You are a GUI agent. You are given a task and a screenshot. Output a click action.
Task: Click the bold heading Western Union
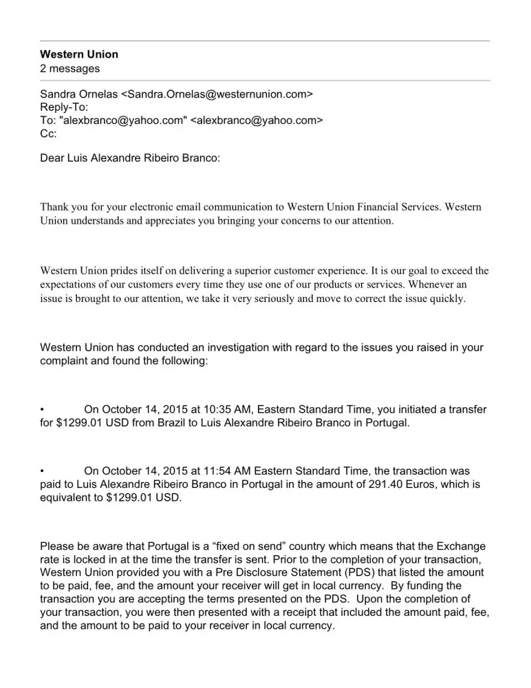click(79, 54)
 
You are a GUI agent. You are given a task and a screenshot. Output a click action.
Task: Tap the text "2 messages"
click(70, 68)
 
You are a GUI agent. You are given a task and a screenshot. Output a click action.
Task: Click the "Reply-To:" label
click(65, 107)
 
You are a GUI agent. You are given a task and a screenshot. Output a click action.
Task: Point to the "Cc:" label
click(49, 134)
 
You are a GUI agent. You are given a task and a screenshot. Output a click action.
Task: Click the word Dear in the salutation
click(53, 158)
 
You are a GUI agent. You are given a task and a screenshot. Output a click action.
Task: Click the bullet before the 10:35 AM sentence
click(43, 410)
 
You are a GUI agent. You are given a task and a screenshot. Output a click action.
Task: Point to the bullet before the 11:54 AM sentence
click(43, 472)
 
